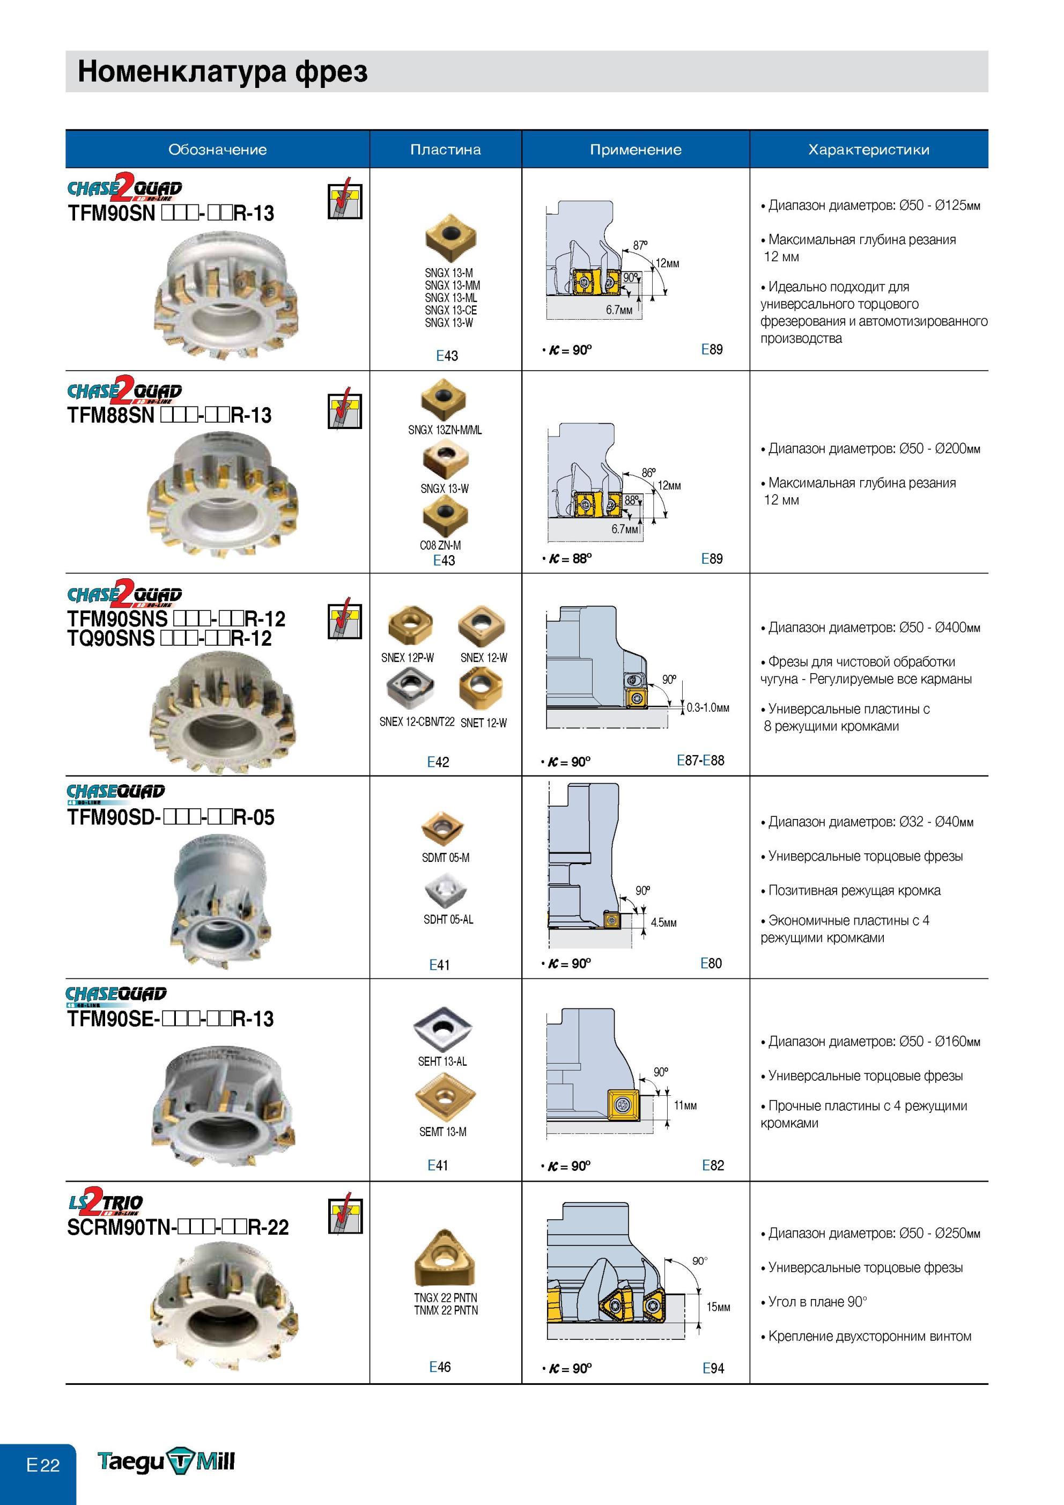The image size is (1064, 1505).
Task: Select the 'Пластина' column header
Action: tap(445, 150)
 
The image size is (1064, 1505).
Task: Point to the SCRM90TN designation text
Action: tap(178, 1227)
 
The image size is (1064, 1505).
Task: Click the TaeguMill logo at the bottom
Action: tap(166, 1461)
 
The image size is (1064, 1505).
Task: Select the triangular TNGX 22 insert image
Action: tap(445, 1258)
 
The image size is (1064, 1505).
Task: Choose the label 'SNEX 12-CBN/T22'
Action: tap(417, 722)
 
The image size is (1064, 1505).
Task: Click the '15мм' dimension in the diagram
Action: tap(718, 1307)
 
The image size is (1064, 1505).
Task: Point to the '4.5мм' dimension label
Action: tap(663, 923)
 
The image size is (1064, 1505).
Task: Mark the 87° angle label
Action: tap(640, 245)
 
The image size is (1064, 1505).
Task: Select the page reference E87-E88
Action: tap(700, 761)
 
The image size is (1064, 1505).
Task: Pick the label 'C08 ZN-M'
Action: tap(440, 545)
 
